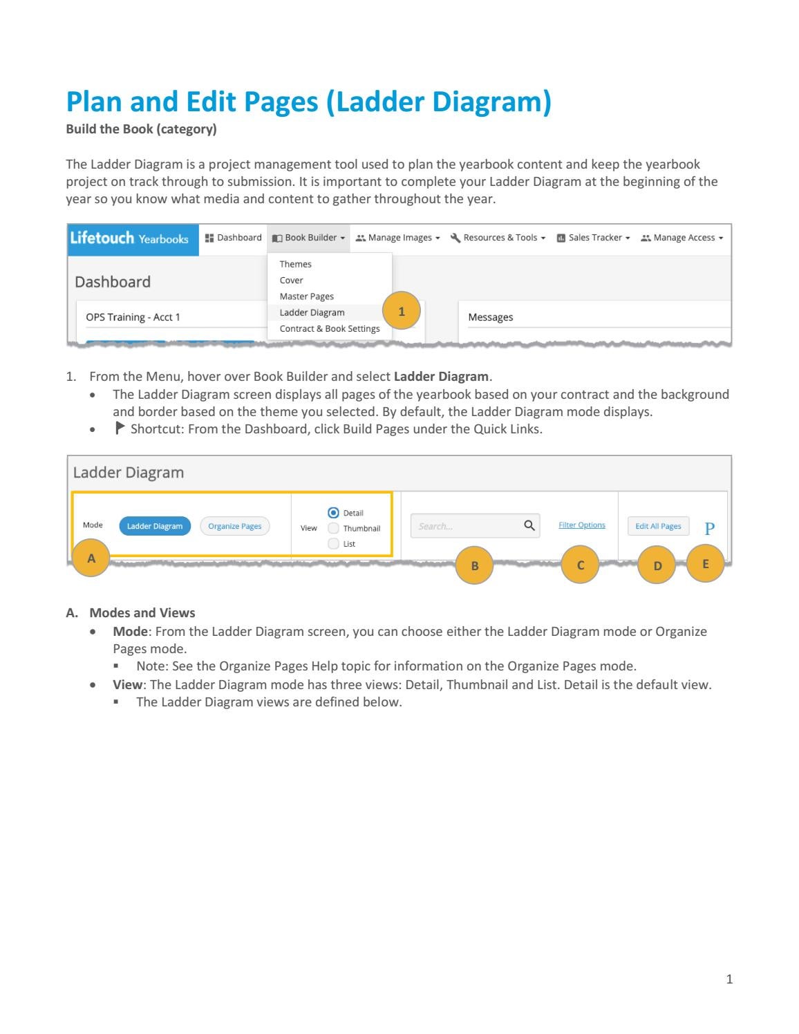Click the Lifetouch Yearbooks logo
point(129,238)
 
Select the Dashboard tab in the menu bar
point(233,238)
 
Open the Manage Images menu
point(397,238)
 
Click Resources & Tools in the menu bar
point(498,238)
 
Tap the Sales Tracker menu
point(594,238)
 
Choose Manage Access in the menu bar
point(682,238)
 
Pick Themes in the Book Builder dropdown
point(295,264)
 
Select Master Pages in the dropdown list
point(306,297)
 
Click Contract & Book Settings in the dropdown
point(329,329)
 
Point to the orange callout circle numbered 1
point(401,312)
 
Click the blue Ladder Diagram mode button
point(154,526)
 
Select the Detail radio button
point(334,513)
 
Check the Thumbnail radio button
point(334,529)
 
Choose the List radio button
point(334,544)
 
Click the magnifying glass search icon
point(529,526)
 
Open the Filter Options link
point(581,525)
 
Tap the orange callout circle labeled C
point(580,565)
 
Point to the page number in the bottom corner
point(729,979)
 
